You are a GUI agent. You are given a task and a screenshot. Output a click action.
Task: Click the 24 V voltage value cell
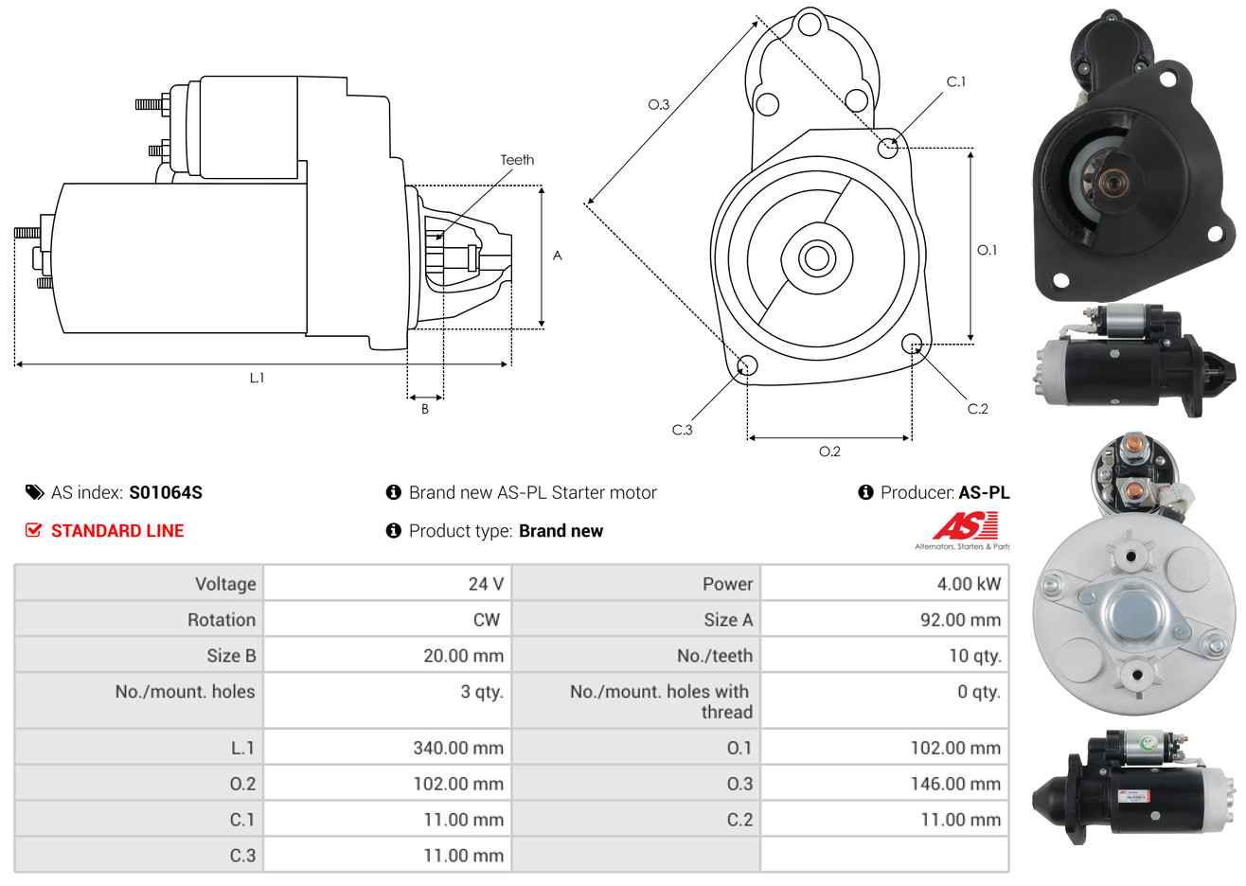tap(486, 583)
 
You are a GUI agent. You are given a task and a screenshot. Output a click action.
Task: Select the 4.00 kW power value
tap(969, 583)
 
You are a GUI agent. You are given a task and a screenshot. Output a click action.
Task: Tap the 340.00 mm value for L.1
tap(458, 748)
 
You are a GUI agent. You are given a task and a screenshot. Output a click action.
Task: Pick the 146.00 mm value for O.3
tap(955, 784)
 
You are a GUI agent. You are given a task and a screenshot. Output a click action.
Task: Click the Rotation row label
tap(222, 620)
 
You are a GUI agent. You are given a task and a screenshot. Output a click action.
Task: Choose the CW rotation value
tap(486, 620)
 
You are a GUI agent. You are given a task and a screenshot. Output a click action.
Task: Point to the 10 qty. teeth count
tap(974, 656)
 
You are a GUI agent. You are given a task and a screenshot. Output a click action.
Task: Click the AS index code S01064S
tap(166, 492)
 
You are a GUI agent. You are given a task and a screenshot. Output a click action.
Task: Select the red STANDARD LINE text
tap(117, 531)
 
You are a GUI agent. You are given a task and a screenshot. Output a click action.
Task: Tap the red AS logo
tap(965, 525)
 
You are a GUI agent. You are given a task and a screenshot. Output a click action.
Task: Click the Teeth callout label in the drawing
tap(517, 160)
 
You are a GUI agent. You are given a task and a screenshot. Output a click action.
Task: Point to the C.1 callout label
tap(956, 81)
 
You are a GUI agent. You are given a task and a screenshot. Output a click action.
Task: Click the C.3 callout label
tap(682, 430)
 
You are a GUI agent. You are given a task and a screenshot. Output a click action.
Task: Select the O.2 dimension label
tap(829, 452)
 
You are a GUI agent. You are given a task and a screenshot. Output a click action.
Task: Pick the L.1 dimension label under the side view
tap(257, 379)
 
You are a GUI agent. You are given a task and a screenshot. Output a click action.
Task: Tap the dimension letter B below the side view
tap(425, 409)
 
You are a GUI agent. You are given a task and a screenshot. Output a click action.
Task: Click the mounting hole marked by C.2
tap(912, 344)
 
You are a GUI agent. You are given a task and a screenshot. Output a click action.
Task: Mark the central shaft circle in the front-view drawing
tap(816, 258)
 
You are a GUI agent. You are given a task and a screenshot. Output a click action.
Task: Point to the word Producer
tap(917, 492)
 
